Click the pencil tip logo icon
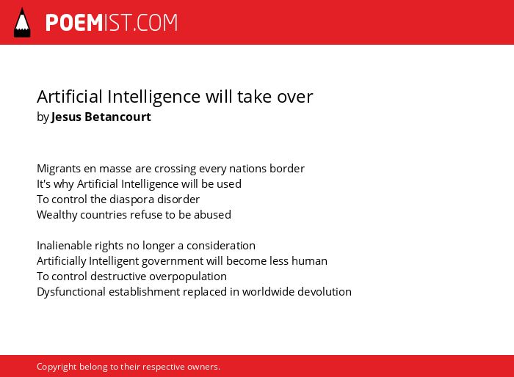coord(22,23)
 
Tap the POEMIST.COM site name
coord(112,23)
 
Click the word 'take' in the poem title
coord(255,97)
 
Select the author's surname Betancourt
coord(117,117)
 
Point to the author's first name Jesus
coord(66,117)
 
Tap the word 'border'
coord(287,169)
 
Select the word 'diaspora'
coord(131,200)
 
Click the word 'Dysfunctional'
coord(70,292)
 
